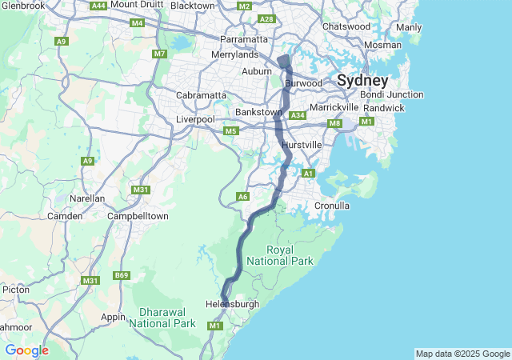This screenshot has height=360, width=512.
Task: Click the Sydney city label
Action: tap(362, 81)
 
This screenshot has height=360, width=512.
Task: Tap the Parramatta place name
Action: tap(244, 39)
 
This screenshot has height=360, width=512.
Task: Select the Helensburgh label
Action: tap(233, 304)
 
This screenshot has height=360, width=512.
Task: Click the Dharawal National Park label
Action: tap(162, 318)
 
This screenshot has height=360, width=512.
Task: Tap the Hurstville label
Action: tap(302, 144)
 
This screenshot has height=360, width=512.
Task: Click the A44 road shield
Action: tap(98, 6)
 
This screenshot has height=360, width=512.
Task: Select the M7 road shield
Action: tap(159, 54)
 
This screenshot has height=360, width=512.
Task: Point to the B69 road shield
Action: tap(122, 275)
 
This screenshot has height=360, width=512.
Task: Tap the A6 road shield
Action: tap(243, 196)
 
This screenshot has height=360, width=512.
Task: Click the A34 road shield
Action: tap(298, 116)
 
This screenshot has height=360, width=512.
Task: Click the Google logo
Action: tap(26, 350)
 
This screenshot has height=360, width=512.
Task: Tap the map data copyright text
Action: tap(462, 354)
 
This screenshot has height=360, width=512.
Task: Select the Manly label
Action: tap(409, 27)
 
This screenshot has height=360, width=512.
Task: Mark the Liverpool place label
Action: tap(195, 119)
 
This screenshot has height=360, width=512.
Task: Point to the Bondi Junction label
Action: tap(392, 94)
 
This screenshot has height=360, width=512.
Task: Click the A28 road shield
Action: tap(267, 18)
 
